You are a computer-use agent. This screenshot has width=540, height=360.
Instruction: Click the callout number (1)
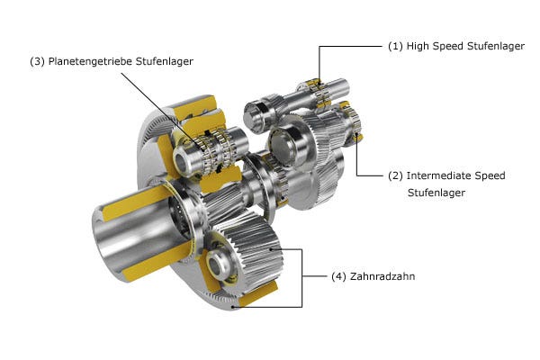pyautogui.click(x=395, y=46)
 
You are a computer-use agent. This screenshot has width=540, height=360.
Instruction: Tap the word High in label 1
pyautogui.click(x=418, y=46)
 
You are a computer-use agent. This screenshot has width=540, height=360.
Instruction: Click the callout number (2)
pyautogui.click(x=395, y=175)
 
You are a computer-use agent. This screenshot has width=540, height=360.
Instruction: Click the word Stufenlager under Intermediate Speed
pyautogui.click(x=436, y=193)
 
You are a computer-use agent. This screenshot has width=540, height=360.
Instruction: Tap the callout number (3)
pyautogui.click(x=37, y=61)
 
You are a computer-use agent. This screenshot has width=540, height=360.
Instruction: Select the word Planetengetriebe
pyautogui.click(x=90, y=61)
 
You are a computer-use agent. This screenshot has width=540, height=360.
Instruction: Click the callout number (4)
pyautogui.click(x=338, y=276)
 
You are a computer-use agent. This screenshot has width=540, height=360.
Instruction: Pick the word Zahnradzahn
pyautogui.click(x=382, y=276)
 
